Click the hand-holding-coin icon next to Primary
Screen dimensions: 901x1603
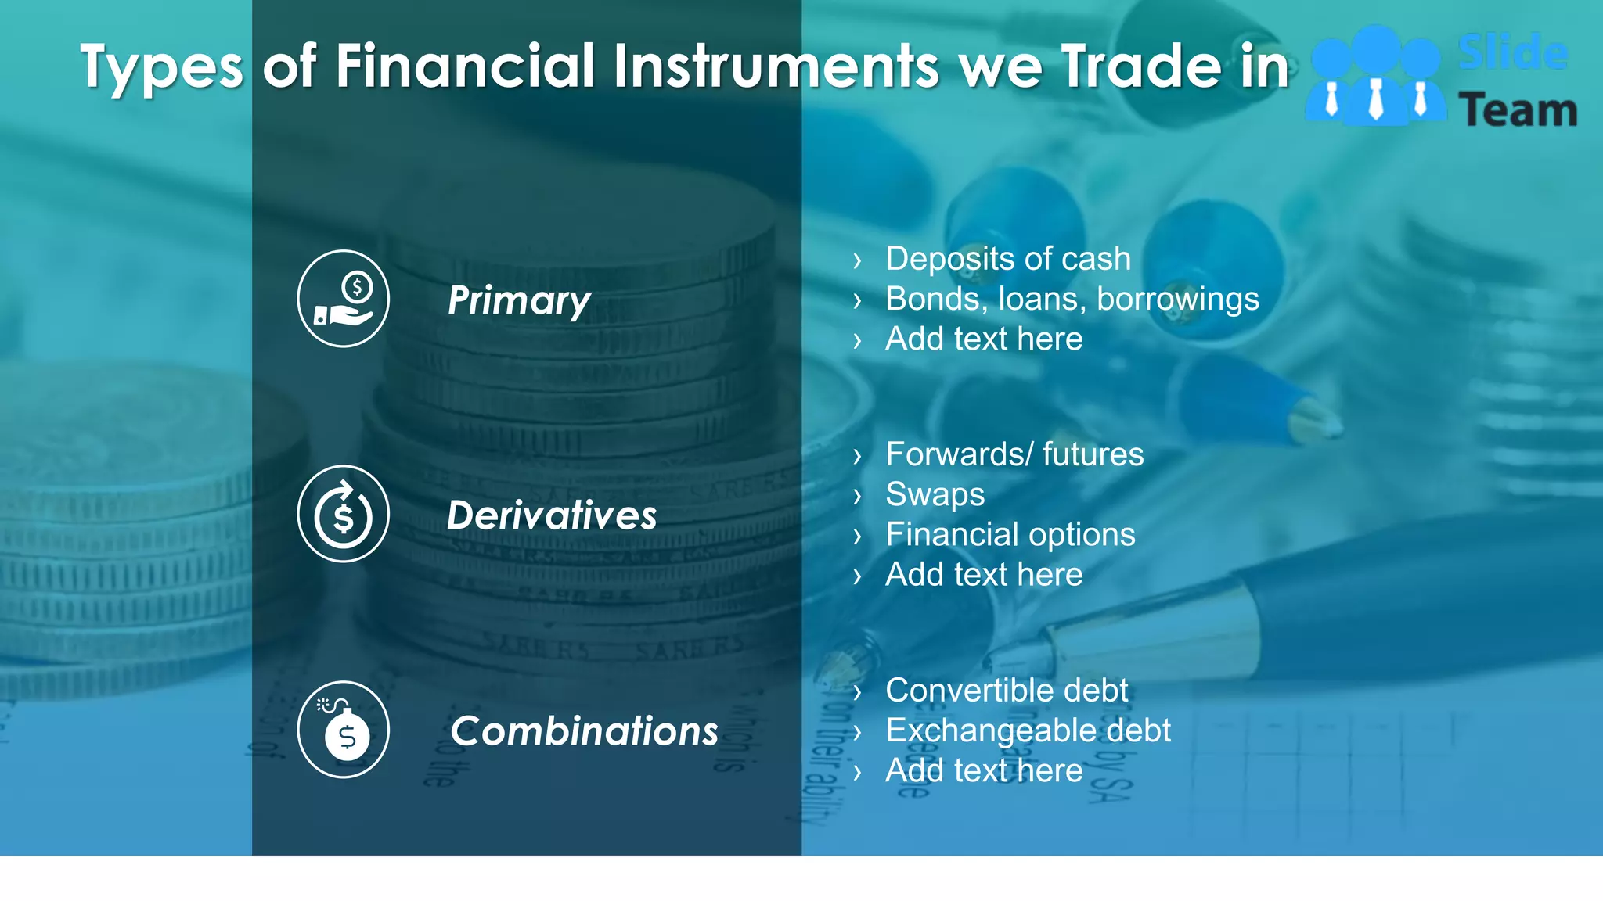click(x=343, y=299)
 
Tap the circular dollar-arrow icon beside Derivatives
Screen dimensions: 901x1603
click(x=343, y=514)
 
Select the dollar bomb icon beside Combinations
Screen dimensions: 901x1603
click(x=343, y=730)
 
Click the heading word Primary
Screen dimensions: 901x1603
click(x=519, y=301)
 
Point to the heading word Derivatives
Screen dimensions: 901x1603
click(x=552, y=515)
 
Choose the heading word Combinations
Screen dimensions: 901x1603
click(x=584, y=731)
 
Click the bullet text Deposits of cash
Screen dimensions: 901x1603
click(x=1007, y=259)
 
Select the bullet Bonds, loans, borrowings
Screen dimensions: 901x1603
click(x=1072, y=299)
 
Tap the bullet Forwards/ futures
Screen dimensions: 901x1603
click(x=1014, y=454)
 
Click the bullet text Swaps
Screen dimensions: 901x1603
click(x=935, y=494)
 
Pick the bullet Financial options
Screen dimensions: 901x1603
click(x=1010, y=535)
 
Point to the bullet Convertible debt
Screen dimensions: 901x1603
click(x=1007, y=691)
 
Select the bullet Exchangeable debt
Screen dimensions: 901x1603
click(x=1028, y=730)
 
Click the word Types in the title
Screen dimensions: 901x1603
click(x=162, y=67)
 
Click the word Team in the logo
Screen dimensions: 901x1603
click(x=1517, y=110)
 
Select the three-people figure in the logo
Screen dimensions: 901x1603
click(x=1375, y=77)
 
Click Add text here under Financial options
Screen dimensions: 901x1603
click(x=984, y=575)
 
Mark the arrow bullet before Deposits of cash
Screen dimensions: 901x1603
click(x=857, y=260)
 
